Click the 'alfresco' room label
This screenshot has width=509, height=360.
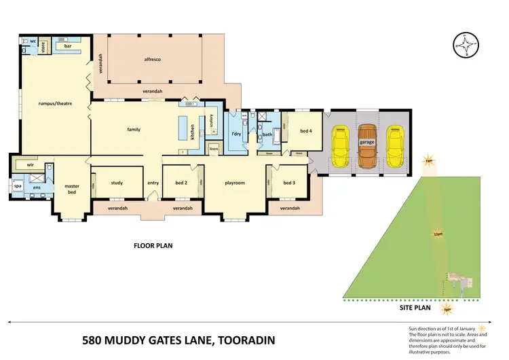pyautogui.click(x=153, y=59)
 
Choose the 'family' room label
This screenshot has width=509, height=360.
pyautogui.click(x=134, y=129)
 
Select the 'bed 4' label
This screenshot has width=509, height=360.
pyautogui.click(x=297, y=132)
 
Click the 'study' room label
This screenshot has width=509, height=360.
pyautogui.click(x=117, y=182)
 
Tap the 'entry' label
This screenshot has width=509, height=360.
pyautogui.click(x=153, y=183)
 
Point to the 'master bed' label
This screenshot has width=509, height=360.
pyautogui.click(x=72, y=189)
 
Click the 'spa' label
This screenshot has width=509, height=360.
pyautogui.click(x=18, y=184)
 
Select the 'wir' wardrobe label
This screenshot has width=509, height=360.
pyautogui.click(x=30, y=164)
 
